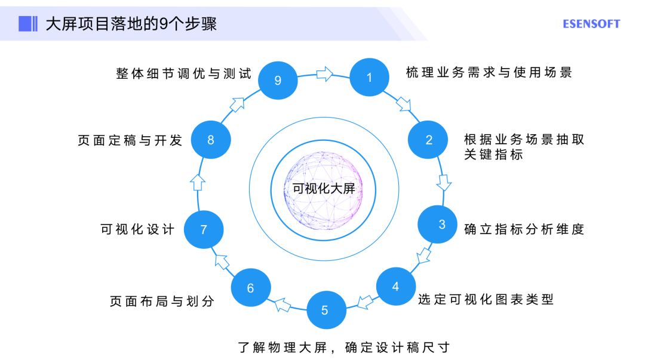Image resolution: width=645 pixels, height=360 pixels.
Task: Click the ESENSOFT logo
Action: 591,24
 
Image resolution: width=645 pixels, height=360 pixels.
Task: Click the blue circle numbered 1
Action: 369,78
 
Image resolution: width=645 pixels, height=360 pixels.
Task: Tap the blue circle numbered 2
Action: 428,140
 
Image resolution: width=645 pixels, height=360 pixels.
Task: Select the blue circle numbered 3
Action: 441,224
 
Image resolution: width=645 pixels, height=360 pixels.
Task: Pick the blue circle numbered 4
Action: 395,287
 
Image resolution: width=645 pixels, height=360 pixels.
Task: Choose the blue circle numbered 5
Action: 325,310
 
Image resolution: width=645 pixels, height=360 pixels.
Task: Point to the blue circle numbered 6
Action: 250,288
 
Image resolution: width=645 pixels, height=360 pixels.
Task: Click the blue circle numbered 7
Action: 204,229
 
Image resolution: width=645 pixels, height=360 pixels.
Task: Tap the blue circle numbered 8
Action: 210,140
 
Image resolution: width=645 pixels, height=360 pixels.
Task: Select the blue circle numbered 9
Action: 278,80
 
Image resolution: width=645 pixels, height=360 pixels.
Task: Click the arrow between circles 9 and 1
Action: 324,74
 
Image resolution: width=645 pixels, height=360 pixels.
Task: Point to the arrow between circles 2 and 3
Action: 444,182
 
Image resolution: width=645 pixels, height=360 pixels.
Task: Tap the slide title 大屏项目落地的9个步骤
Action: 131,24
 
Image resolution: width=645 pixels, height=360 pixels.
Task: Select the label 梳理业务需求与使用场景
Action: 489,73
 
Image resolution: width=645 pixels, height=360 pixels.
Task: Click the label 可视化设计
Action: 137,229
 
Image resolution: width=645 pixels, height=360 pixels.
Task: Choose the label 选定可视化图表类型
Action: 486,299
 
